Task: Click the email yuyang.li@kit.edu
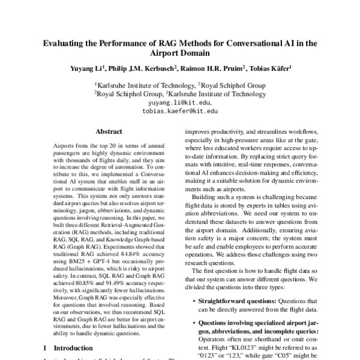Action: pos(179,103)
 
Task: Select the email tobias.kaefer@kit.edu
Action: pos(179,111)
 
